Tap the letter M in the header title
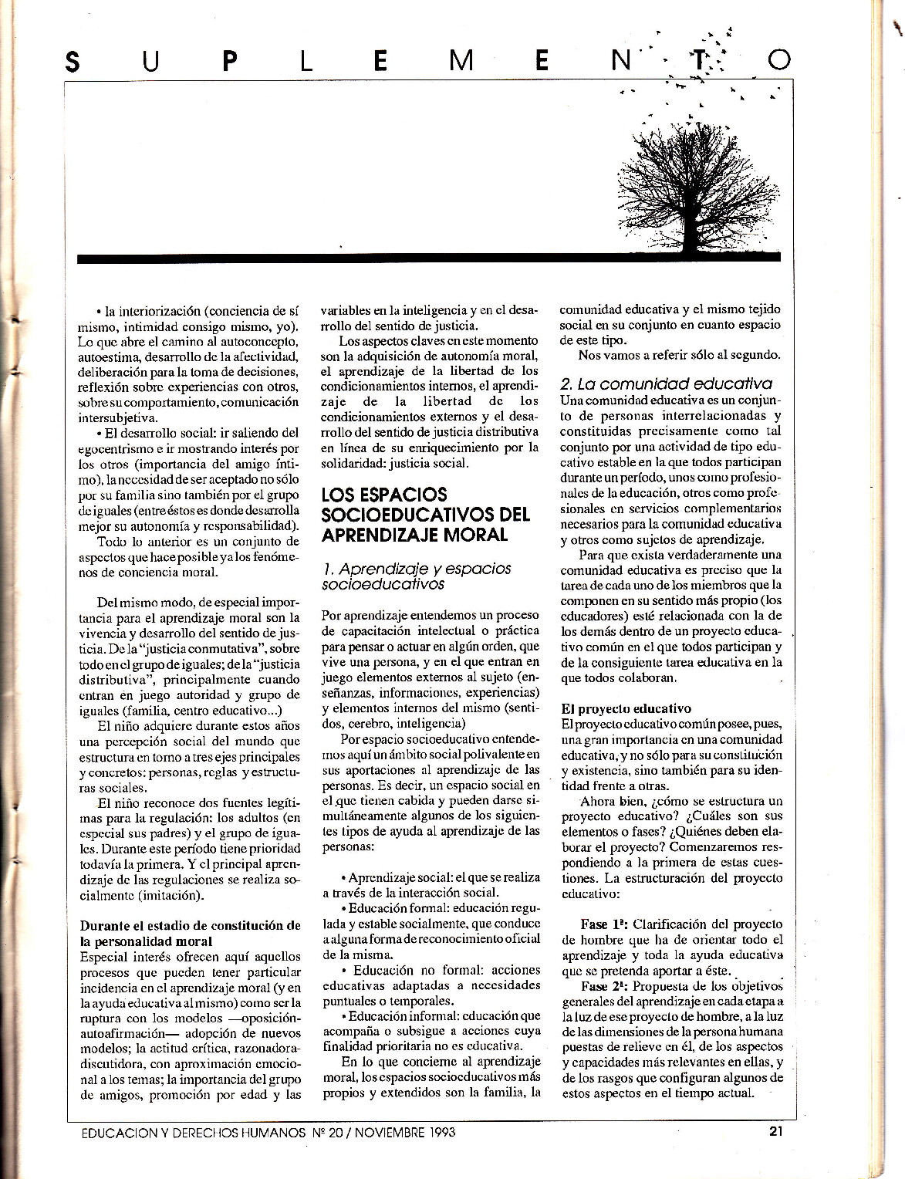pyautogui.click(x=461, y=61)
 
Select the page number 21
pyautogui.click(x=776, y=1132)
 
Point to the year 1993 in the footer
pyautogui.click(x=437, y=1133)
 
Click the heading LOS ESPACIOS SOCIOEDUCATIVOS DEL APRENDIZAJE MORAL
pyautogui.click(x=425, y=514)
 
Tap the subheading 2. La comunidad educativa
pyautogui.click(x=666, y=383)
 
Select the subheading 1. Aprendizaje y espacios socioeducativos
pyautogui.click(x=417, y=576)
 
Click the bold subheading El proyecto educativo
pyautogui.click(x=626, y=708)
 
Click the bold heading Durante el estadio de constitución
pyautogui.click(x=190, y=933)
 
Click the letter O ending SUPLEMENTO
pyautogui.click(x=779, y=61)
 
